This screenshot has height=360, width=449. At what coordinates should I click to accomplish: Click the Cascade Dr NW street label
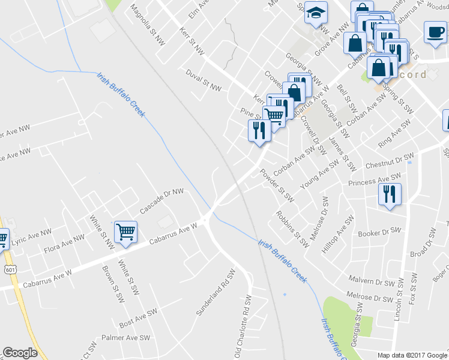pyautogui.click(x=161, y=202)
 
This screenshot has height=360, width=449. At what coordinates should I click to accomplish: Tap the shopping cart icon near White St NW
pyautogui.click(x=125, y=232)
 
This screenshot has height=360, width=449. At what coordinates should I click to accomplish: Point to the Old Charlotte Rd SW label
pyautogui.click(x=247, y=324)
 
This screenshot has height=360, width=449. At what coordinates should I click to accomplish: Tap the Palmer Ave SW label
pyautogui.click(x=125, y=338)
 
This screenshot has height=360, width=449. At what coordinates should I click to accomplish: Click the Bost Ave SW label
pyautogui.click(x=138, y=317)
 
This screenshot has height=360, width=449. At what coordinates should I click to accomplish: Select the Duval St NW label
pyautogui.click(x=203, y=88)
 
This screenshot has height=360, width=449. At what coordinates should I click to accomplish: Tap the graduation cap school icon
pyautogui.click(x=313, y=13)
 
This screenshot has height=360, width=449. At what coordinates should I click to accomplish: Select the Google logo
pyautogui.click(x=20, y=353)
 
